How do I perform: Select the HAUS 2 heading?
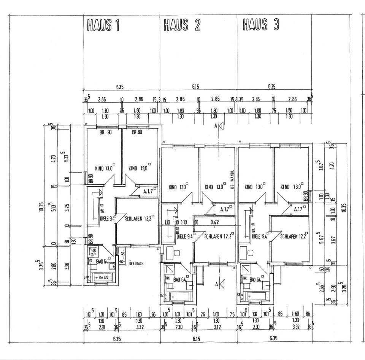(182, 25)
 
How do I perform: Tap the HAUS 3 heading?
(261, 25)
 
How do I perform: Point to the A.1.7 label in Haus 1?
(148, 192)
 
